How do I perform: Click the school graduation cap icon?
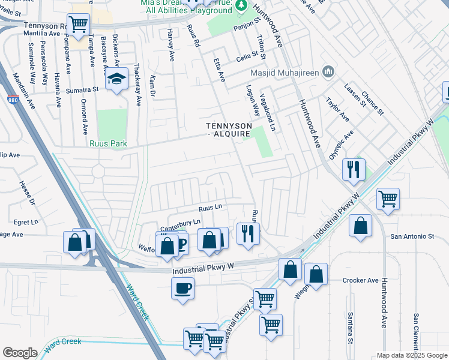pyautogui.click(x=116, y=80)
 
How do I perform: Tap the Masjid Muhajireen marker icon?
pyautogui.click(x=328, y=73)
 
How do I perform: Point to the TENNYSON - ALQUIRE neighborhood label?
pyautogui.click(x=228, y=130)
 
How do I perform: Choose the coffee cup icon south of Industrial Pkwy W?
pyautogui.click(x=182, y=287)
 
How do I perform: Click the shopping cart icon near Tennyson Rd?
pyautogui.click(x=78, y=25)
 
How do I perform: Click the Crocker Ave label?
pyautogui.click(x=360, y=280)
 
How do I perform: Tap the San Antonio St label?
pyautogui.click(x=412, y=236)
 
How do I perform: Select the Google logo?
pyautogui.click(x=20, y=353)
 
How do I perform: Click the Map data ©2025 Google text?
pyautogui.click(x=412, y=355)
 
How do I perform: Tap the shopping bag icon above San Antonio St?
pyautogui.click(x=360, y=227)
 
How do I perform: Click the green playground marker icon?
pyautogui.click(x=241, y=5)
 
